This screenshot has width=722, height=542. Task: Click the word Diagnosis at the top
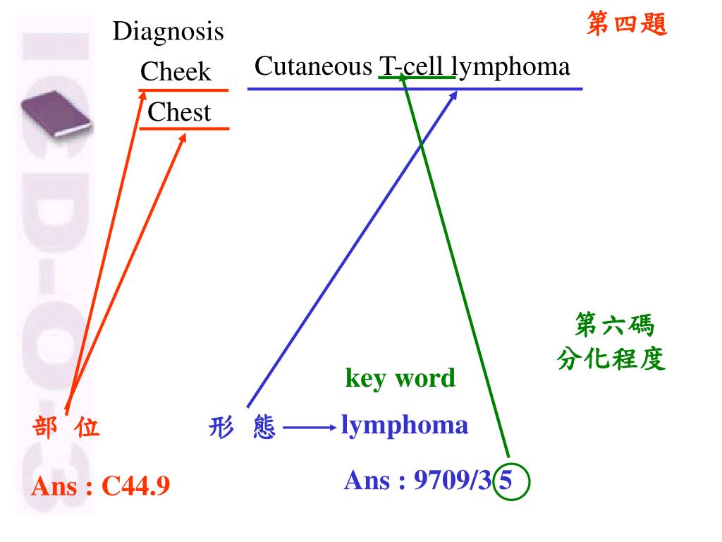[x=169, y=32]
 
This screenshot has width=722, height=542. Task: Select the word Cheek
[x=176, y=71]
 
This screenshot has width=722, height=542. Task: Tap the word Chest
[x=179, y=112]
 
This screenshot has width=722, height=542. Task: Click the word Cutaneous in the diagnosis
[x=313, y=66]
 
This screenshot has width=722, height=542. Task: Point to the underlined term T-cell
[x=413, y=66]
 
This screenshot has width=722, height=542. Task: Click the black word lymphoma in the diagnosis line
[x=510, y=66]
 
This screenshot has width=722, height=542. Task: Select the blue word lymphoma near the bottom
[x=404, y=425]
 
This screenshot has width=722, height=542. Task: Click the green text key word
[x=400, y=378]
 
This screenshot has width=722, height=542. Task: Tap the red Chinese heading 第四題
[x=627, y=25]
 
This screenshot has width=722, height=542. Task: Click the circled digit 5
[x=506, y=481]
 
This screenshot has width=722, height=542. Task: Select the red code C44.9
[x=136, y=486]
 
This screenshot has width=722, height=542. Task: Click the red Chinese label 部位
[x=66, y=427]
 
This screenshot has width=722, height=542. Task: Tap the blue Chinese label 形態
[x=242, y=427]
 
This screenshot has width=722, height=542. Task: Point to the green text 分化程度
[x=611, y=360]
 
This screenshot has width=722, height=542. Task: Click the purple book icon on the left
[x=56, y=113]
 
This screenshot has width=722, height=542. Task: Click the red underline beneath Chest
[x=185, y=128]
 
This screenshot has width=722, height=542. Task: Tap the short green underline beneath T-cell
[x=417, y=77]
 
